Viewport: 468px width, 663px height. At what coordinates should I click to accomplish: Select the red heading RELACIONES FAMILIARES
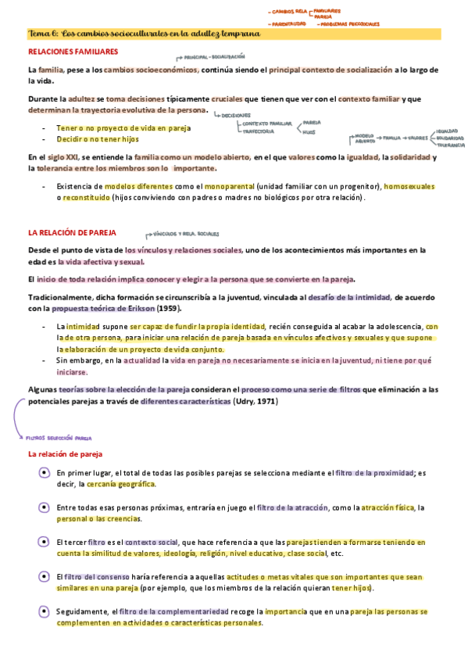click(73, 52)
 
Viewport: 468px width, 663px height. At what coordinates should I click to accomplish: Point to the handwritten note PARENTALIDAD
click(287, 23)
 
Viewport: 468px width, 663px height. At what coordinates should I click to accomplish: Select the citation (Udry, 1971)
click(255, 401)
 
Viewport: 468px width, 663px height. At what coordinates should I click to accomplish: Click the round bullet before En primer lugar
click(44, 473)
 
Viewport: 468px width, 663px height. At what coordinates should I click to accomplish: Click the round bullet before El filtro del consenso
click(44, 576)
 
